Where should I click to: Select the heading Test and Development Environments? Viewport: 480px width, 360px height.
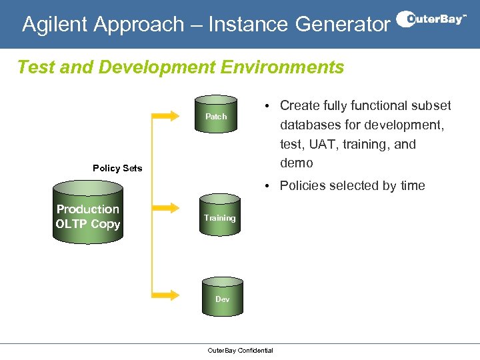coord(180,67)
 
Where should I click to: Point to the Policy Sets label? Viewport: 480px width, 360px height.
coord(117,168)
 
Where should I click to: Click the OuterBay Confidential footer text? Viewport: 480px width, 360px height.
coord(240,351)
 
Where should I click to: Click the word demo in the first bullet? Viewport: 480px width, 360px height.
coord(296,163)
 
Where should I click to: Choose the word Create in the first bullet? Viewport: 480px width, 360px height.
coord(299,105)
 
